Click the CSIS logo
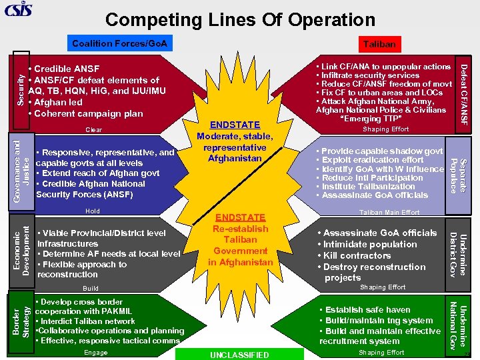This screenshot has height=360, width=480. click(18, 9)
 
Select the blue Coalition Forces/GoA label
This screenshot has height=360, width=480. click(121, 45)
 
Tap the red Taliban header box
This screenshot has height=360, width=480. click(379, 45)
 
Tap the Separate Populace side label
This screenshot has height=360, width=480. click(458, 173)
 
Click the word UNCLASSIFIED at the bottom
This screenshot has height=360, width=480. click(239, 355)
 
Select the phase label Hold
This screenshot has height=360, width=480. click(92, 211)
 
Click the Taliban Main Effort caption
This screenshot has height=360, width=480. click(389, 213)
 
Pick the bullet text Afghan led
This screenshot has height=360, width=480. click(58, 102)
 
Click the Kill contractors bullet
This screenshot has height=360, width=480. click(357, 255)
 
